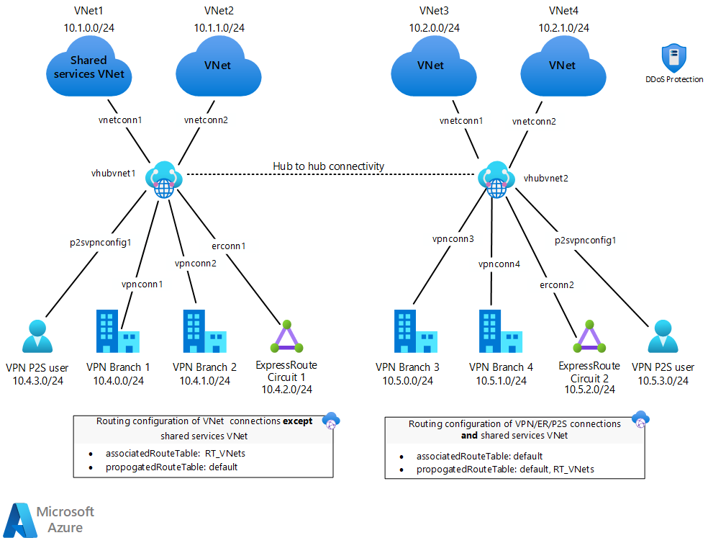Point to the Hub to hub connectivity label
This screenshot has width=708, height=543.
pos(328,166)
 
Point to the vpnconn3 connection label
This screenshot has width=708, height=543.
pos(453,238)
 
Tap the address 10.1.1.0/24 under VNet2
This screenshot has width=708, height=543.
pos(219,27)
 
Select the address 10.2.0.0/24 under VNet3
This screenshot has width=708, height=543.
pos(435,27)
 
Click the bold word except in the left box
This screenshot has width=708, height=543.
pos(297,421)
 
